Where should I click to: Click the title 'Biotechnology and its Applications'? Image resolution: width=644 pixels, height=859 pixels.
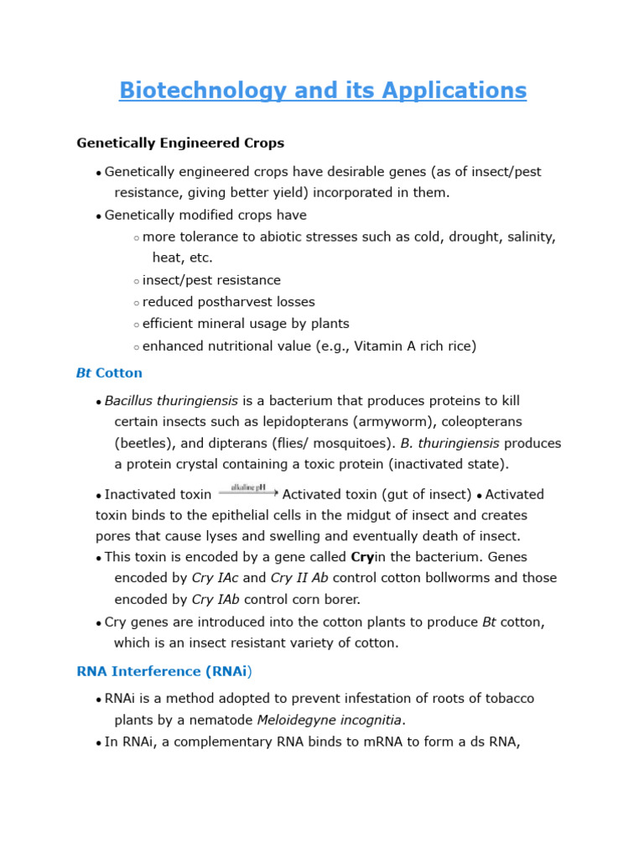[x=322, y=90]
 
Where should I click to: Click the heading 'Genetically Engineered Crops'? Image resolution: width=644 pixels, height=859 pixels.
[x=180, y=143]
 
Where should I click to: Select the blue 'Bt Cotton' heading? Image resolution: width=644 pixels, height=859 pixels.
[x=109, y=372]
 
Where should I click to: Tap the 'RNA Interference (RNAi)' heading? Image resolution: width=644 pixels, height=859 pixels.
[x=164, y=671]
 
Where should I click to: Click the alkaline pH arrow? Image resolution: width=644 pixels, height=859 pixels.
[x=247, y=492]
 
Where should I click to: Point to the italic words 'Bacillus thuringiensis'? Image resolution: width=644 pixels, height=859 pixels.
[x=171, y=401]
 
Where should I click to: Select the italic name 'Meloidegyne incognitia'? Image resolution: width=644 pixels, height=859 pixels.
[x=330, y=720]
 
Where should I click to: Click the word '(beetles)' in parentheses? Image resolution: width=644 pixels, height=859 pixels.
[x=142, y=443]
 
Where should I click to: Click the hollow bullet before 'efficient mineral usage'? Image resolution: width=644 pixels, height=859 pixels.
[x=136, y=325]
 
